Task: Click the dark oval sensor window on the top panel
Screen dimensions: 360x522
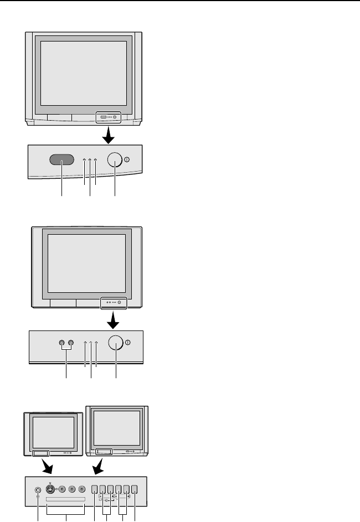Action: point(61,159)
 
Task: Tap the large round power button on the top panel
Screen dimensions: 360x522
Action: point(114,159)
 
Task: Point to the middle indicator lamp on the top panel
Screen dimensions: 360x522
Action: point(90,161)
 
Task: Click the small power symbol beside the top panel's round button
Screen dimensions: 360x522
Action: point(127,159)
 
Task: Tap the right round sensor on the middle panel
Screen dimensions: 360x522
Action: point(71,343)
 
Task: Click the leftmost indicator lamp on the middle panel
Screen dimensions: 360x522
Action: point(85,344)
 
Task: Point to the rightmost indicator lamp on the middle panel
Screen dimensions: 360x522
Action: point(96,344)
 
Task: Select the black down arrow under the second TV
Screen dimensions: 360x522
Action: point(116,319)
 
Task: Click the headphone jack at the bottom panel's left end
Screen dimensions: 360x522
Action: point(38,490)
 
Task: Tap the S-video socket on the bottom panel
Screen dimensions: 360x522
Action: point(51,489)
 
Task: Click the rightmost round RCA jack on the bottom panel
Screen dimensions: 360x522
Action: point(83,489)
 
